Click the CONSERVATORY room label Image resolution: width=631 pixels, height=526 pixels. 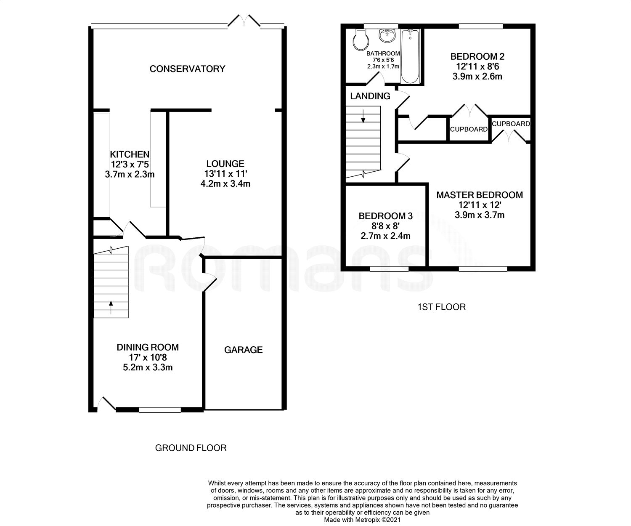tap(187, 69)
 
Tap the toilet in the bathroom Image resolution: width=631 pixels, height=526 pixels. tap(361, 40)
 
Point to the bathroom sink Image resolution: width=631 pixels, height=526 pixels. tap(387, 36)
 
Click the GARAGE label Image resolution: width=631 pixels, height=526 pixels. tap(243, 350)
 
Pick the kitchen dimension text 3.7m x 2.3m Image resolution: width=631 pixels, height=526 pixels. tap(130, 174)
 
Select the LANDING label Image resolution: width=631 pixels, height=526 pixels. tap(370, 96)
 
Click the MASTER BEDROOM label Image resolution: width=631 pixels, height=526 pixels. tap(480, 195)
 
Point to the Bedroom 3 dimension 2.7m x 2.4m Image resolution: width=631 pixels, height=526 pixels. tap(385, 236)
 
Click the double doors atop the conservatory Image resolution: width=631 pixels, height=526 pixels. tap(244, 21)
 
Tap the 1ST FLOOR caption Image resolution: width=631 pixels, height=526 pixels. tap(441, 307)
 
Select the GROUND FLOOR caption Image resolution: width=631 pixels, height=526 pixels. tap(191, 448)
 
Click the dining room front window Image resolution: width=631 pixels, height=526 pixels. tap(160, 409)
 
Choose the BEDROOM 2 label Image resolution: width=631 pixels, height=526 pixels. tap(477, 56)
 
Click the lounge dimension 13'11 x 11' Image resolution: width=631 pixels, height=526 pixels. tap(225, 174)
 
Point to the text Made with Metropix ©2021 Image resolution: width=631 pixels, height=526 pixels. tap(362, 520)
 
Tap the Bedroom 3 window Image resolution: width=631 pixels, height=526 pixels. tap(389, 268)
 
